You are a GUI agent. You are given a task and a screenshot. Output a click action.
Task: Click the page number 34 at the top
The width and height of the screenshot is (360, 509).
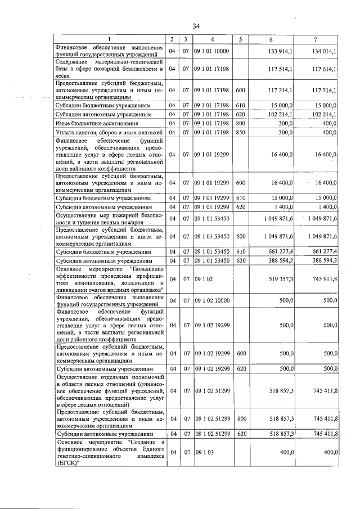coord(196,26)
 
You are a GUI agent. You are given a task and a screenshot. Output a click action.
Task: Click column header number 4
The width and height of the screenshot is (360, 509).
coord(213,39)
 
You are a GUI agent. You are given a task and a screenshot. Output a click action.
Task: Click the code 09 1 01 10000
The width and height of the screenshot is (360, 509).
coord(212,51)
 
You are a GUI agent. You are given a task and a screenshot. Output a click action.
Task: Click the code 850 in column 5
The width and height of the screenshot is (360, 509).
coord(240,132)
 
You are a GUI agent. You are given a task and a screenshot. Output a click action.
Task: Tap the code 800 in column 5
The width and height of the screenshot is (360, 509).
coord(240,123)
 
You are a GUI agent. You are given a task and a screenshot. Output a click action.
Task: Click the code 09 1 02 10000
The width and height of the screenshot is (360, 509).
coord(212,301)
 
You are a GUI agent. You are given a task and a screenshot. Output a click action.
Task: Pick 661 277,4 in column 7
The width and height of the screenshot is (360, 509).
coord(325,252)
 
